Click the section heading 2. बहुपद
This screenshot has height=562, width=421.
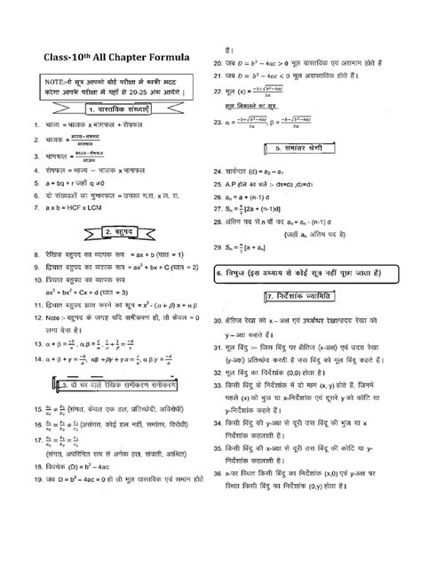tap(109, 233)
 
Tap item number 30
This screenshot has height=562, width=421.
tap(219, 318)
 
